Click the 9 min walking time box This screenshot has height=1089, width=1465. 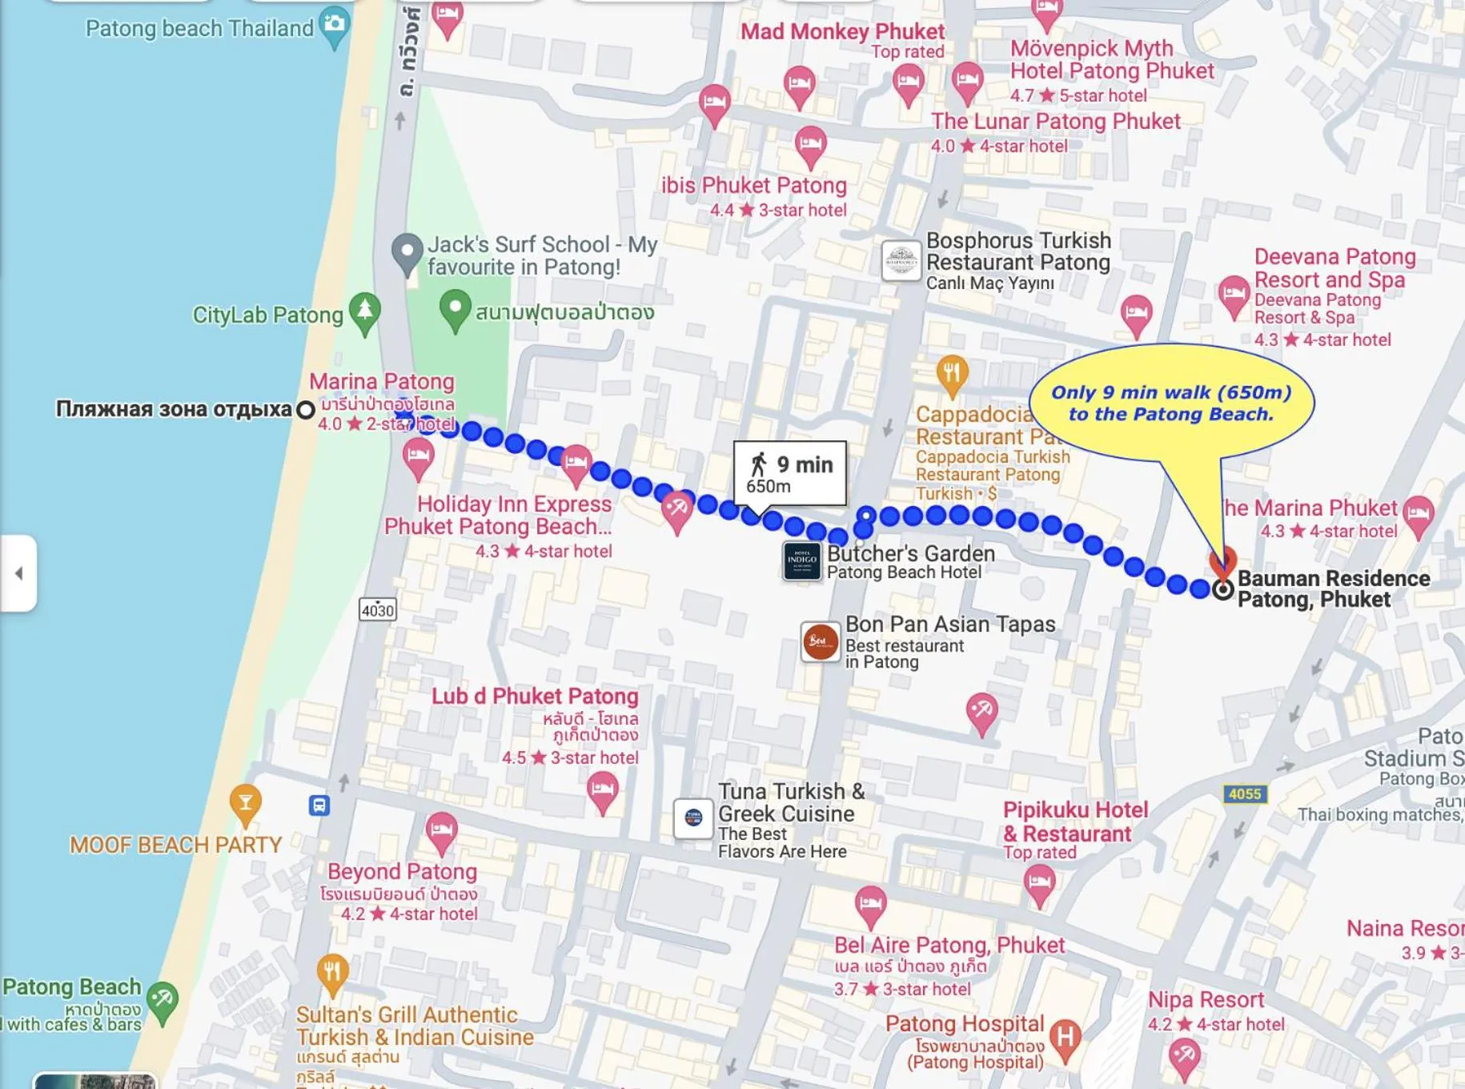coord(789,473)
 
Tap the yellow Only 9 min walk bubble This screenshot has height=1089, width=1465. coord(1171,403)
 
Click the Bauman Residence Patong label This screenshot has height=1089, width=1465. coord(1332,589)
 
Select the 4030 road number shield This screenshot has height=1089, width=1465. coord(378,610)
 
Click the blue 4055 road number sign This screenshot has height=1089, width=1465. coord(1244,794)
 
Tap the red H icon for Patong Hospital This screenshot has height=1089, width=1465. coord(1066,1037)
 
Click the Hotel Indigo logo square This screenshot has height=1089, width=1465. coord(801,561)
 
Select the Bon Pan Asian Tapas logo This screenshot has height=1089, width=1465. coord(820,641)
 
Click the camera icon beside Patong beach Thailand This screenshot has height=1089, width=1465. coord(334,24)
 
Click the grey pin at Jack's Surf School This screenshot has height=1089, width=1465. coord(407,251)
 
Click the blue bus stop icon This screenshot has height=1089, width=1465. coord(319,805)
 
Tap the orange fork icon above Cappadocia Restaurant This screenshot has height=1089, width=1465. coord(951,374)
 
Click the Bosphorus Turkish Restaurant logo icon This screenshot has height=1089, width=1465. coord(901,261)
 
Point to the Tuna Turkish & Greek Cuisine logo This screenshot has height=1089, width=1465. coord(693,818)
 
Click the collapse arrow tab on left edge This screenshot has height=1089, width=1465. coord(18,573)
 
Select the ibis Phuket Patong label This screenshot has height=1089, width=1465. coord(753,186)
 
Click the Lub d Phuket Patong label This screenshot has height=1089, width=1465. coord(535,696)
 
